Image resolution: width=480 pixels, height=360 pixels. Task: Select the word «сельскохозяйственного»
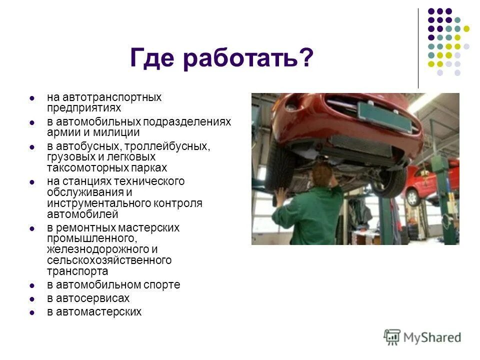pyautogui.click(x=109, y=260)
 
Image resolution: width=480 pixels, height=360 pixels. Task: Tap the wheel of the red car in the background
pyautogui.click(x=412, y=197)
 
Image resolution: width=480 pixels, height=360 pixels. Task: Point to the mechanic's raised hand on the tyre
pyautogui.click(x=281, y=194)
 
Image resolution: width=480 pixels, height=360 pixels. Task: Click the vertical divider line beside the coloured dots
pyautogui.click(x=418, y=48)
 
